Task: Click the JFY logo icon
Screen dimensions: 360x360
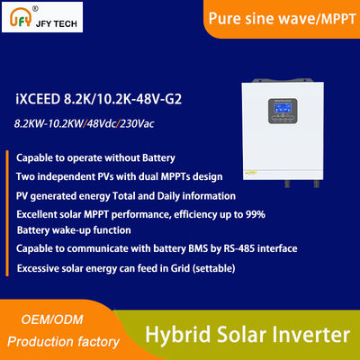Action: pos(19,17)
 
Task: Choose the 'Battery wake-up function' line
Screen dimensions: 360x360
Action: pos(72,229)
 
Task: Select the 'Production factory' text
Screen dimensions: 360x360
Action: pos(63,342)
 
